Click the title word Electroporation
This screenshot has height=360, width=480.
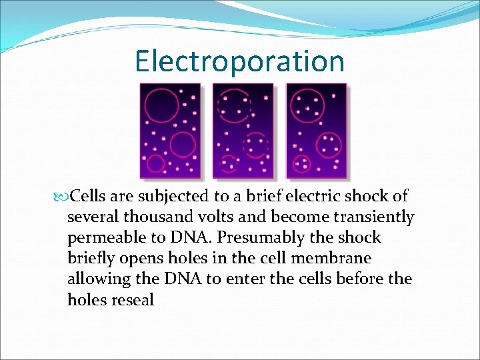tap(239, 61)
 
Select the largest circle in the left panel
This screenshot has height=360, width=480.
tap(162, 105)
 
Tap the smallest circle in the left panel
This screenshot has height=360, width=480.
tap(155, 163)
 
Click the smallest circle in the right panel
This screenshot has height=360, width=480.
tap(301, 163)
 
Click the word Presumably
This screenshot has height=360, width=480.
tap(255, 238)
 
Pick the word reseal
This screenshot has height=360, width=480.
tap(132, 300)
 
